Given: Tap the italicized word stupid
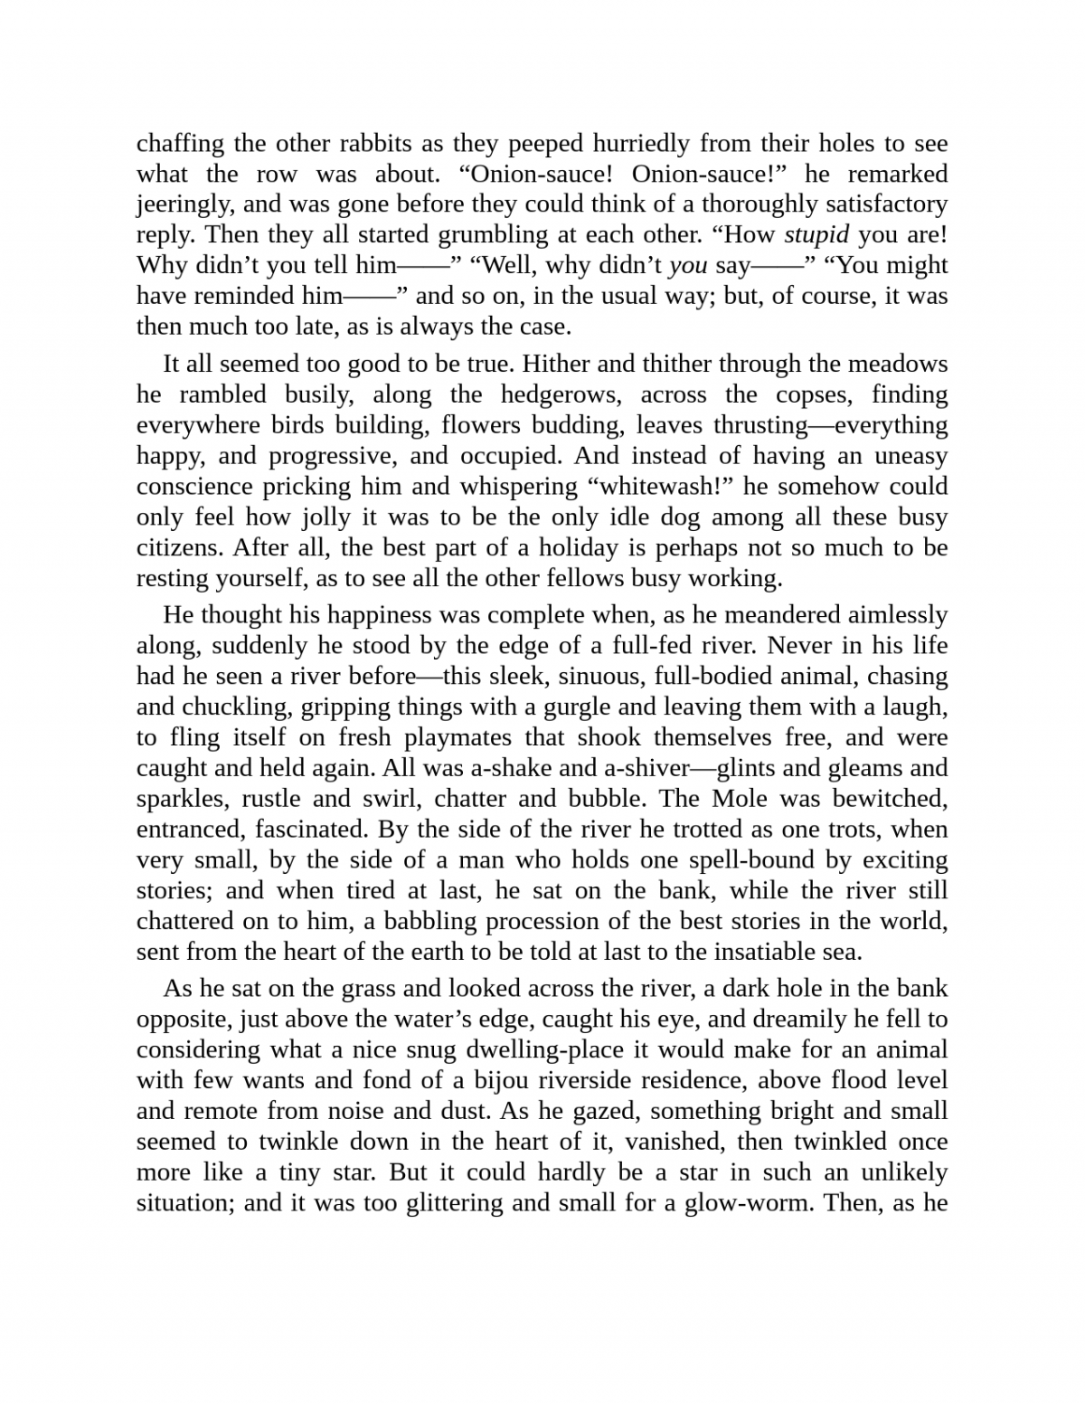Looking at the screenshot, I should coord(816,235).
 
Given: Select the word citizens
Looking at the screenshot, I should coord(177,548).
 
